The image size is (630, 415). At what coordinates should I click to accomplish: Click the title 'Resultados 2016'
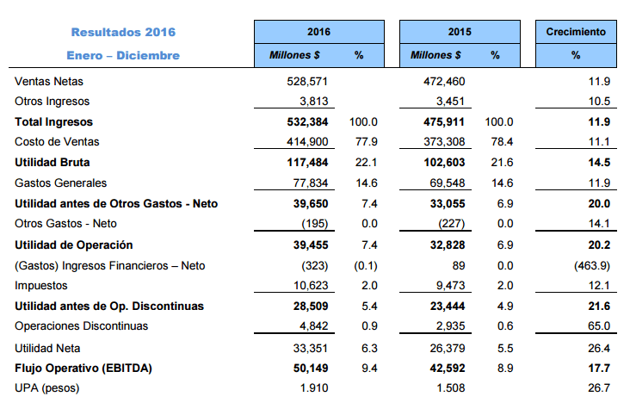pos(123,32)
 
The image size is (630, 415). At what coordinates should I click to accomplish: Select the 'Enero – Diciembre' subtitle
pos(123,55)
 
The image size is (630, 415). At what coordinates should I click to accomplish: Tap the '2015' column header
pos(460,32)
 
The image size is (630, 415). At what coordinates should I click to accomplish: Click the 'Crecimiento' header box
pos(576,32)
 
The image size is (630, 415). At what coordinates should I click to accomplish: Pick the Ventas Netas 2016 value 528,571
pos(307,82)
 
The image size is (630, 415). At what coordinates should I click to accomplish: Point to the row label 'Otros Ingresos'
pos(52,102)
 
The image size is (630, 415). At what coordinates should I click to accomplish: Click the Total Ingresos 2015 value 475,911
pos(444,122)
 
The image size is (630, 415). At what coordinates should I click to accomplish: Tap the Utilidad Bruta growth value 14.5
pos(599,163)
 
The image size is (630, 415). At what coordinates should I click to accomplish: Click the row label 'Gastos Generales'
pos(60,183)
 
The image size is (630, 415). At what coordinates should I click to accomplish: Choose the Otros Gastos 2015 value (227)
pos(452,224)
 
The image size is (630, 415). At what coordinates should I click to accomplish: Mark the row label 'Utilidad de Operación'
pos(73,245)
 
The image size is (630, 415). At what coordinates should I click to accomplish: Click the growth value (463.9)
pos(592,266)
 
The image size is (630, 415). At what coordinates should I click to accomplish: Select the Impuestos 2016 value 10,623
pos(311,286)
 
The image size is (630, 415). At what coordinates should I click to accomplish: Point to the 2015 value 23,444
pos(448,307)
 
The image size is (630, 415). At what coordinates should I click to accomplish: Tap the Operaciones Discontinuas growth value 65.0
pos(599,325)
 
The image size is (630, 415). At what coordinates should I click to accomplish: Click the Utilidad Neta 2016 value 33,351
pos(311,348)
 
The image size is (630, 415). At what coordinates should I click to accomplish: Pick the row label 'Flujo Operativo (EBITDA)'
pos(83,369)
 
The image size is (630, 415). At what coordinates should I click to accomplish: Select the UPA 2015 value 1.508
pos(451,388)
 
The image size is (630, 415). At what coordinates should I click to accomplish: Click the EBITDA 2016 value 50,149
pos(311,369)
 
